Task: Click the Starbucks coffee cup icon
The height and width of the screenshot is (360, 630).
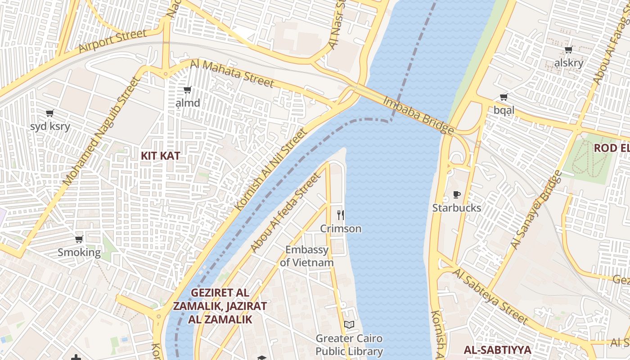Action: coord(457,195)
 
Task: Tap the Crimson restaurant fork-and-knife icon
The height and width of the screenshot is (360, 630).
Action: coord(341,215)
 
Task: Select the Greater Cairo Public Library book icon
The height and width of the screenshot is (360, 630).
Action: coord(349,324)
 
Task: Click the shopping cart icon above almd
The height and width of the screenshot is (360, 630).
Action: coord(188,90)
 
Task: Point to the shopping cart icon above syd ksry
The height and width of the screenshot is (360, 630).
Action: coord(50,113)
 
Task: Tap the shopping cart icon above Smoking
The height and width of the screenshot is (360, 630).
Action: coord(79,239)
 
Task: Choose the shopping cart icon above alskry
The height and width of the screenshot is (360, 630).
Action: coord(569,49)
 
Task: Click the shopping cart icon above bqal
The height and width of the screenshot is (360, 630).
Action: coord(504,97)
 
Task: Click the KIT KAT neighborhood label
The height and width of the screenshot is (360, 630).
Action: coord(161,156)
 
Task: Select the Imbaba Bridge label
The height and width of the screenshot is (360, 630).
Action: coord(418,115)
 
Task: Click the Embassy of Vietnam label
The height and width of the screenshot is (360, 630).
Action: coord(307,256)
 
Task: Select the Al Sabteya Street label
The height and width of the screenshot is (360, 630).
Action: coord(490,296)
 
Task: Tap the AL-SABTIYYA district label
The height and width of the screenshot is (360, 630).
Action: coord(497,350)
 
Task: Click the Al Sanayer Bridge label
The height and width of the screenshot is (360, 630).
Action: coord(536,210)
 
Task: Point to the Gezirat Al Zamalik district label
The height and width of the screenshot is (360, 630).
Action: coord(220,306)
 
